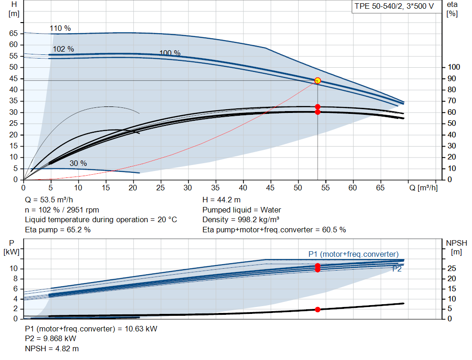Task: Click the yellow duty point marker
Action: pos(318,81)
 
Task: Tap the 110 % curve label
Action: pos(60,28)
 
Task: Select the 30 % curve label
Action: pos(78,163)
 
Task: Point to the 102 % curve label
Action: pos(63,49)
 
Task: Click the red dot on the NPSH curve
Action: pos(318,309)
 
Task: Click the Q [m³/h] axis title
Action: pos(424,188)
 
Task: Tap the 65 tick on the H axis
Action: pos(13,33)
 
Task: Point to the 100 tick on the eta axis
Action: pos(454,67)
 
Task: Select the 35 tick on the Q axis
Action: pos(215,188)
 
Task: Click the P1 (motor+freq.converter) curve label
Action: pos(354,254)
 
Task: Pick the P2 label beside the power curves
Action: pos(397,269)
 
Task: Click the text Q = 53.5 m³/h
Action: pos(49,200)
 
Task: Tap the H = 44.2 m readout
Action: pos(222,200)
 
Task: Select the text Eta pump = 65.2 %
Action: pos(58,230)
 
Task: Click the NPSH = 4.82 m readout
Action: pos(52,348)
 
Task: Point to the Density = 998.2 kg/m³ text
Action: pos(241,220)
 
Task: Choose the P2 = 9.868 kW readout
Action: pos(51,339)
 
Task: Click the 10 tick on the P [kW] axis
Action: pos(13,269)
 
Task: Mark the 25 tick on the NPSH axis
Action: pos(452,268)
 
